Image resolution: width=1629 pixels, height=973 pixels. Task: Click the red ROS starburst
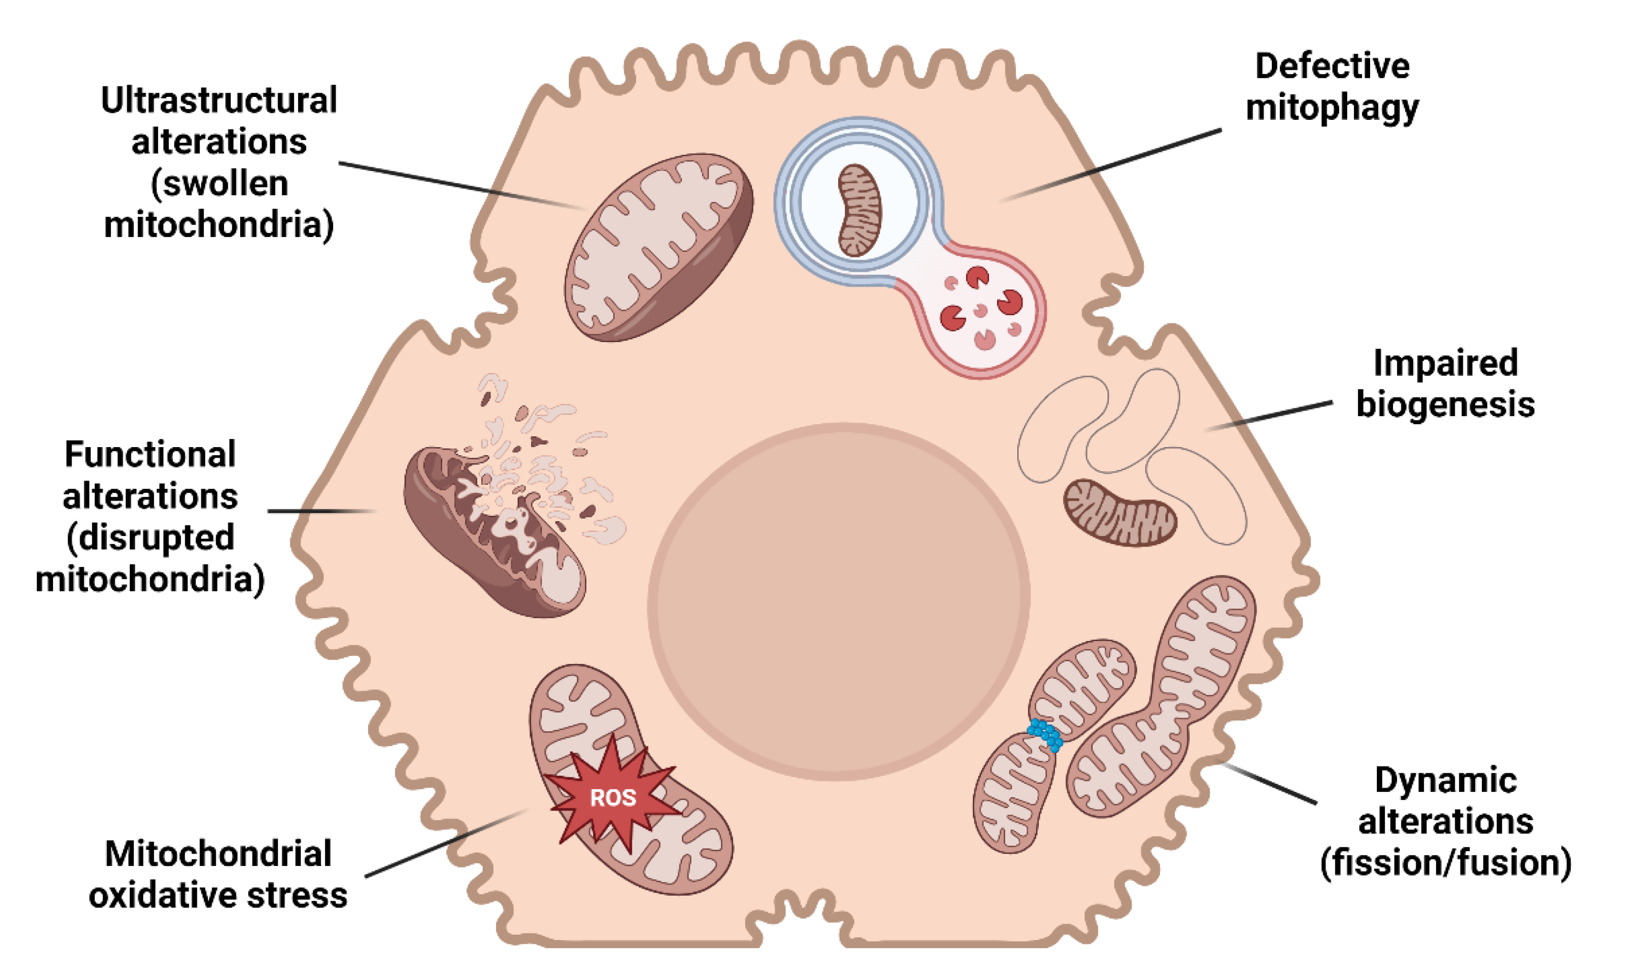(x=612, y=797)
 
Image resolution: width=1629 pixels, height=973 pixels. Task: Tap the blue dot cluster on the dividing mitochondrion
(x=1045, y=734)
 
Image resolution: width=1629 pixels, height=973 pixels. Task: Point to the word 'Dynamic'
(x=1446, y=780)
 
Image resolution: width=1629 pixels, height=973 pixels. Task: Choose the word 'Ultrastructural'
(x=219, y=100)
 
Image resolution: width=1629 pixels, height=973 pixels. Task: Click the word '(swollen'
(x=219, y=183)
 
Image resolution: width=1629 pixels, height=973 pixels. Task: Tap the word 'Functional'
(x=150, y=454)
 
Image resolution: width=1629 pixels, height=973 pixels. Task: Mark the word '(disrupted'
(x=150, y=538)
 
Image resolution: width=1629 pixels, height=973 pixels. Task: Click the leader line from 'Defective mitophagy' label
(x=1114, y=164)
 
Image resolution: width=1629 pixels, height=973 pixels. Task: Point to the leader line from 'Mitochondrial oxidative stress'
(x=446, y=843)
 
